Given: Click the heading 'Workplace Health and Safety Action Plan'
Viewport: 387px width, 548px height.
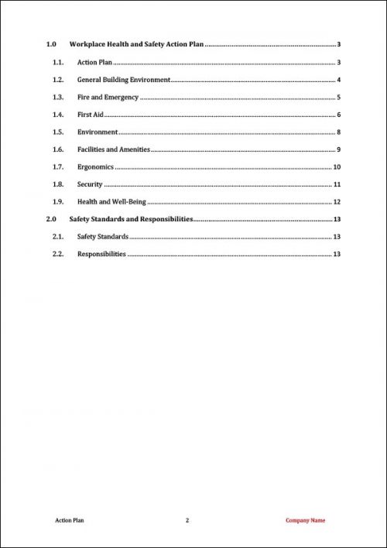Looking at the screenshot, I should coord(136,45).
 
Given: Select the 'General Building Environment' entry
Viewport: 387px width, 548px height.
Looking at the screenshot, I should coord(124,80).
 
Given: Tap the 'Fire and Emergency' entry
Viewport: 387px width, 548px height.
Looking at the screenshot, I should coord(108,98).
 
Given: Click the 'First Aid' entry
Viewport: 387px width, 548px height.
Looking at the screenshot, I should coord(91,115).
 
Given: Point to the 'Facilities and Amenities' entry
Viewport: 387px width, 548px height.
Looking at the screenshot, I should coord(114,149).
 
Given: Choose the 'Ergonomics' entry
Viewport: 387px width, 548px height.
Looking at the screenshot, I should coord(96,167).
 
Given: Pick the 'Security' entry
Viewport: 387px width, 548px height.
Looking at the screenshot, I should coord(90,184).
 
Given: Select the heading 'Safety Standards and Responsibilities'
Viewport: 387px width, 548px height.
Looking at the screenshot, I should coord(131,219).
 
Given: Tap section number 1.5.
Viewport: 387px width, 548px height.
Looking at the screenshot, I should coord(57,132).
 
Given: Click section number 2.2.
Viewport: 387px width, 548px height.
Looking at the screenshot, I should coord(57,254).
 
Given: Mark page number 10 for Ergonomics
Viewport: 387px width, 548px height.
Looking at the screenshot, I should coord(337,167).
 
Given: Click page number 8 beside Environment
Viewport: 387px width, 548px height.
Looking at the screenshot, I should coord(339,132).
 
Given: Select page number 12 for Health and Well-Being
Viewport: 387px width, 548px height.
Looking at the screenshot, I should coord(337,202).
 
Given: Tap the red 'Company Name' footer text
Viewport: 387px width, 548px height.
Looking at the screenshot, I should coord(306,520).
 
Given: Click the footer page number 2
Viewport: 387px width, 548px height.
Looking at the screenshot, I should coord(187,520).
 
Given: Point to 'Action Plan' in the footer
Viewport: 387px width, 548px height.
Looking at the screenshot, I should coord(70,520).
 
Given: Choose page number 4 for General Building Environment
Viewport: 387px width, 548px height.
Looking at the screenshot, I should coord(339,80).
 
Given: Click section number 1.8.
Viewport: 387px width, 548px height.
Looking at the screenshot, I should coord(57,184).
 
